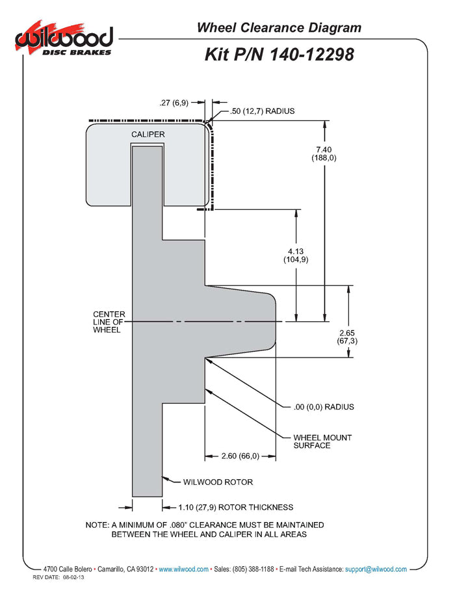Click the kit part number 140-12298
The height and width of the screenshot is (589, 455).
pyautogui.click(x=279, y=55)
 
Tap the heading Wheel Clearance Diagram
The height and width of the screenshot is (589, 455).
pyautogui.click(x=279, y=27)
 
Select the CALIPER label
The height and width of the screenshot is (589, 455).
pyautogui.click(x=148, y=135)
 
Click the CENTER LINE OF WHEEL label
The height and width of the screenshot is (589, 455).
pyautogui.click(x=109, y=322)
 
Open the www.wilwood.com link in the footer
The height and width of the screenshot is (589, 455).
pyautogui.click(x=184, y=569)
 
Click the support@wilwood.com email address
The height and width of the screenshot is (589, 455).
pyautogui.click(x=376, y=569)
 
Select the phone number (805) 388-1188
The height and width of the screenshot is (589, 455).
pyautogui.click(x=248, y=569)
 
